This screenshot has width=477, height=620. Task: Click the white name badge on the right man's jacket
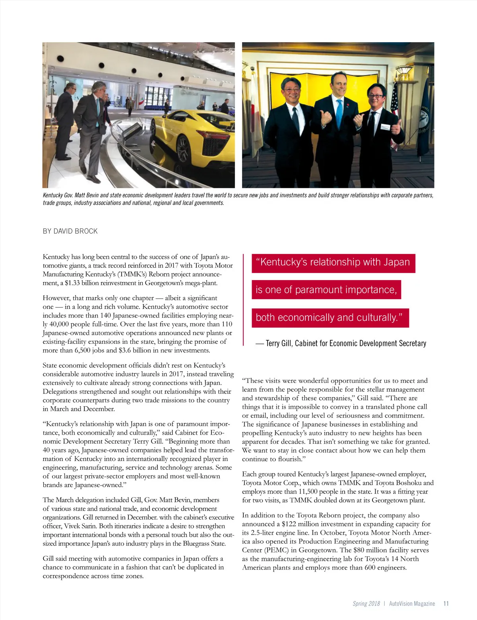coord(386,127)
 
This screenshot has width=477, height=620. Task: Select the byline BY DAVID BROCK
coord(70,231)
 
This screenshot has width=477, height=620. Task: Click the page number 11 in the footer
coord(446,604)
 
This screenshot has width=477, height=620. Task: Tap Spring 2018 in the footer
coord(366,604)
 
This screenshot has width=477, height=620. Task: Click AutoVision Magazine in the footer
coord(412,604)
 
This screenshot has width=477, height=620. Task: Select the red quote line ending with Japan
coord(333,263)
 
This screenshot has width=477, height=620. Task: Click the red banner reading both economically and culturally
coord(330,318)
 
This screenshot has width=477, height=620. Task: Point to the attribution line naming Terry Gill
coord(341,343)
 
